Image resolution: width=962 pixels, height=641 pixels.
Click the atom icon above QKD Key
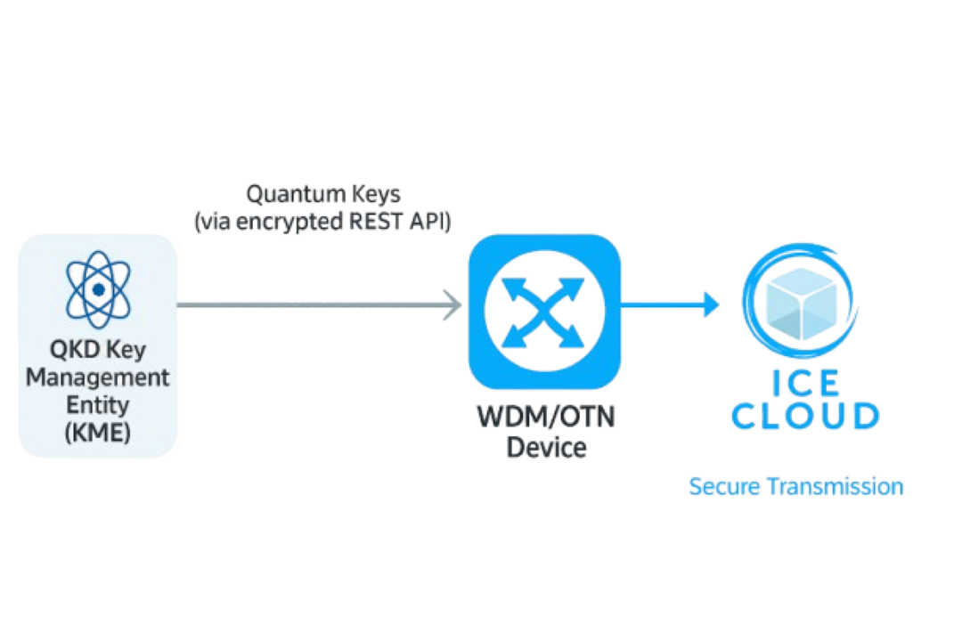[98, 290]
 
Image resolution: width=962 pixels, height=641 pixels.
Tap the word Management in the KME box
[98, 377]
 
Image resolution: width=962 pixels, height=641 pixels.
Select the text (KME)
[98, 434]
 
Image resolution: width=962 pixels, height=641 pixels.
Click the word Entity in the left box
[98, 406]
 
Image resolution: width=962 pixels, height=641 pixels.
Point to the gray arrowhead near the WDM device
[454, 305]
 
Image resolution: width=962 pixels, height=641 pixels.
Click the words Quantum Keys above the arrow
[322, 193]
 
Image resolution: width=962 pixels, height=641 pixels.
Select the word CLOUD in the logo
[805, 416]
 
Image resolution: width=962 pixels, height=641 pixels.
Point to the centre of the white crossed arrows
[544, 311]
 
